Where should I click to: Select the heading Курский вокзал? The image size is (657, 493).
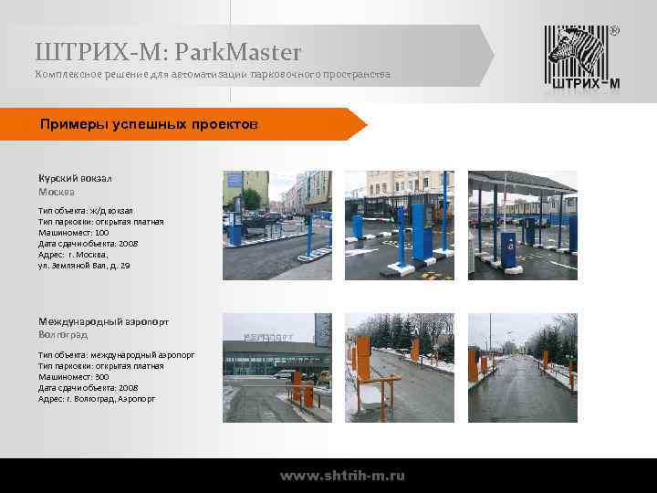point(75,178)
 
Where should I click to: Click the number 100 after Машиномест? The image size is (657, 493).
point(101,232)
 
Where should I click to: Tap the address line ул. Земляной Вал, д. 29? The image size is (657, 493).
point(84,265)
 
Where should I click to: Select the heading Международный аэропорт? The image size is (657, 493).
point(103,321)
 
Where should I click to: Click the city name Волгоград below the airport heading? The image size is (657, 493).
point(63,336)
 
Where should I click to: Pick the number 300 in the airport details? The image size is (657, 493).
point(101,376)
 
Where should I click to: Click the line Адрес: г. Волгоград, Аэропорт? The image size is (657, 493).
point(97,398)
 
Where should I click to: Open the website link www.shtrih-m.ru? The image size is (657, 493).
point(342,476)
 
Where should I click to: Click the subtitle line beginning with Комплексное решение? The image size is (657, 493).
point(213,74)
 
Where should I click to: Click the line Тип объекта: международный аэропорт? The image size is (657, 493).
point(116,354)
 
